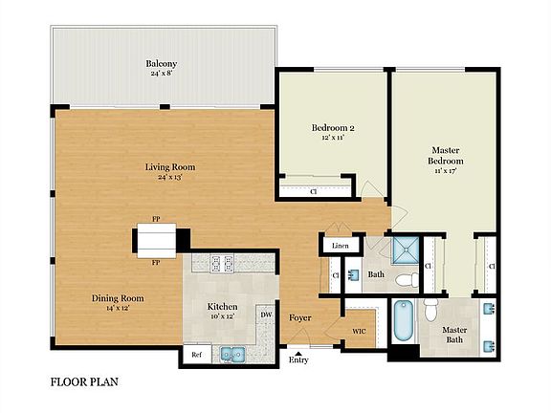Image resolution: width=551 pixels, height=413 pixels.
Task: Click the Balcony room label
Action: [x=162, y=64]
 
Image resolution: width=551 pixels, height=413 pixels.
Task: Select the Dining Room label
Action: [x=118, y=298]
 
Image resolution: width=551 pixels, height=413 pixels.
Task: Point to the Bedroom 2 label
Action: [x=332, y=128]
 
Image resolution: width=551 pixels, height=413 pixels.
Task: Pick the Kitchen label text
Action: [x=223, y=307]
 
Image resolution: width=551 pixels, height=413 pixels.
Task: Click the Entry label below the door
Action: [x=299, y=360]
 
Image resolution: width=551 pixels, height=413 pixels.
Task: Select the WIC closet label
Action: [x=360, y=331]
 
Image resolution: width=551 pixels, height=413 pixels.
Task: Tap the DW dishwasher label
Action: [x=265, y=313]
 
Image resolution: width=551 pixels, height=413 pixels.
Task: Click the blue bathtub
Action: [x=401, y=323]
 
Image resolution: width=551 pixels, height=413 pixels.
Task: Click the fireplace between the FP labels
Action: [x=156, y=238]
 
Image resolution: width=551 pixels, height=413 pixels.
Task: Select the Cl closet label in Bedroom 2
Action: [x=314, y=191]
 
